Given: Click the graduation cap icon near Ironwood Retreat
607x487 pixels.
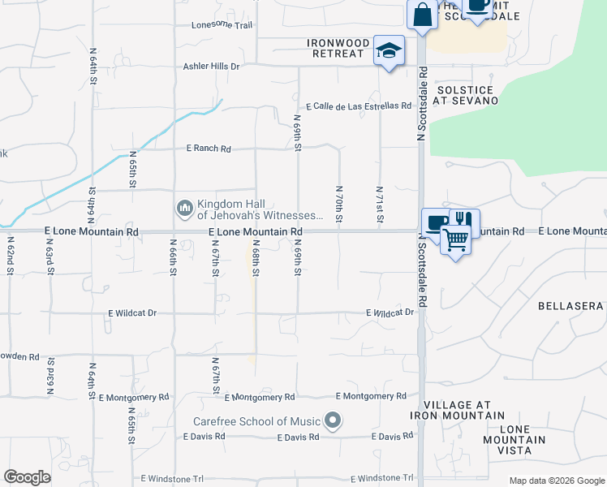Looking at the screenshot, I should pyautogui.click(x=390, y=51).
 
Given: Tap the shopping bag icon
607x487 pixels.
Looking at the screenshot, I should pyautogui.click(x=423, y=15).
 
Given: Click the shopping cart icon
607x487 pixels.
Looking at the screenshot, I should pyautogui.click(x=456, y=238).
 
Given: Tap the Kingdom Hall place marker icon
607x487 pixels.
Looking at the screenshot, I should pyautogui.click(x=184, y=209).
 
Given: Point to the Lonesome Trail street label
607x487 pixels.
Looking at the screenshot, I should pyautogui.click(x=222, y=25).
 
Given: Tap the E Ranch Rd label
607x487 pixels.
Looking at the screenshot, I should pyautogui.click(x=209, y=149).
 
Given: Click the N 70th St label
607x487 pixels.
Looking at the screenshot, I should pyautogui.click(x=338, y=203).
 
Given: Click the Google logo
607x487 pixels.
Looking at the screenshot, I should pyautogui.click(x=27, y=477).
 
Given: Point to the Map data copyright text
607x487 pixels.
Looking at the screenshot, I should pyautogui.click(x=557, y=481).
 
